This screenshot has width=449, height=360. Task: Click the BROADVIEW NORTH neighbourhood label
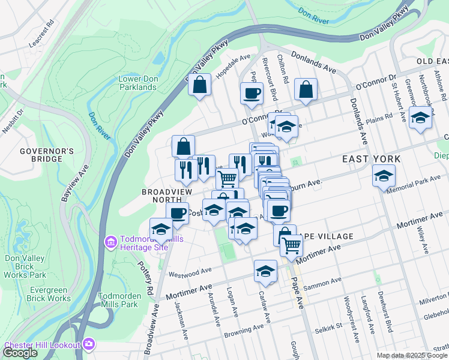[167, 196]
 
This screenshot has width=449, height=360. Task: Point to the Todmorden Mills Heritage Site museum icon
[110, 242]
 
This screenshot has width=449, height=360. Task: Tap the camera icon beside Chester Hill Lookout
[89, 344]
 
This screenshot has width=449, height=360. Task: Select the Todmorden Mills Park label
[121, 299]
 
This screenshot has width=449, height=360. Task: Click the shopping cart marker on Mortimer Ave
[291, 244]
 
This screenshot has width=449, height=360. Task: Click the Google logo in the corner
[20, 353]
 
